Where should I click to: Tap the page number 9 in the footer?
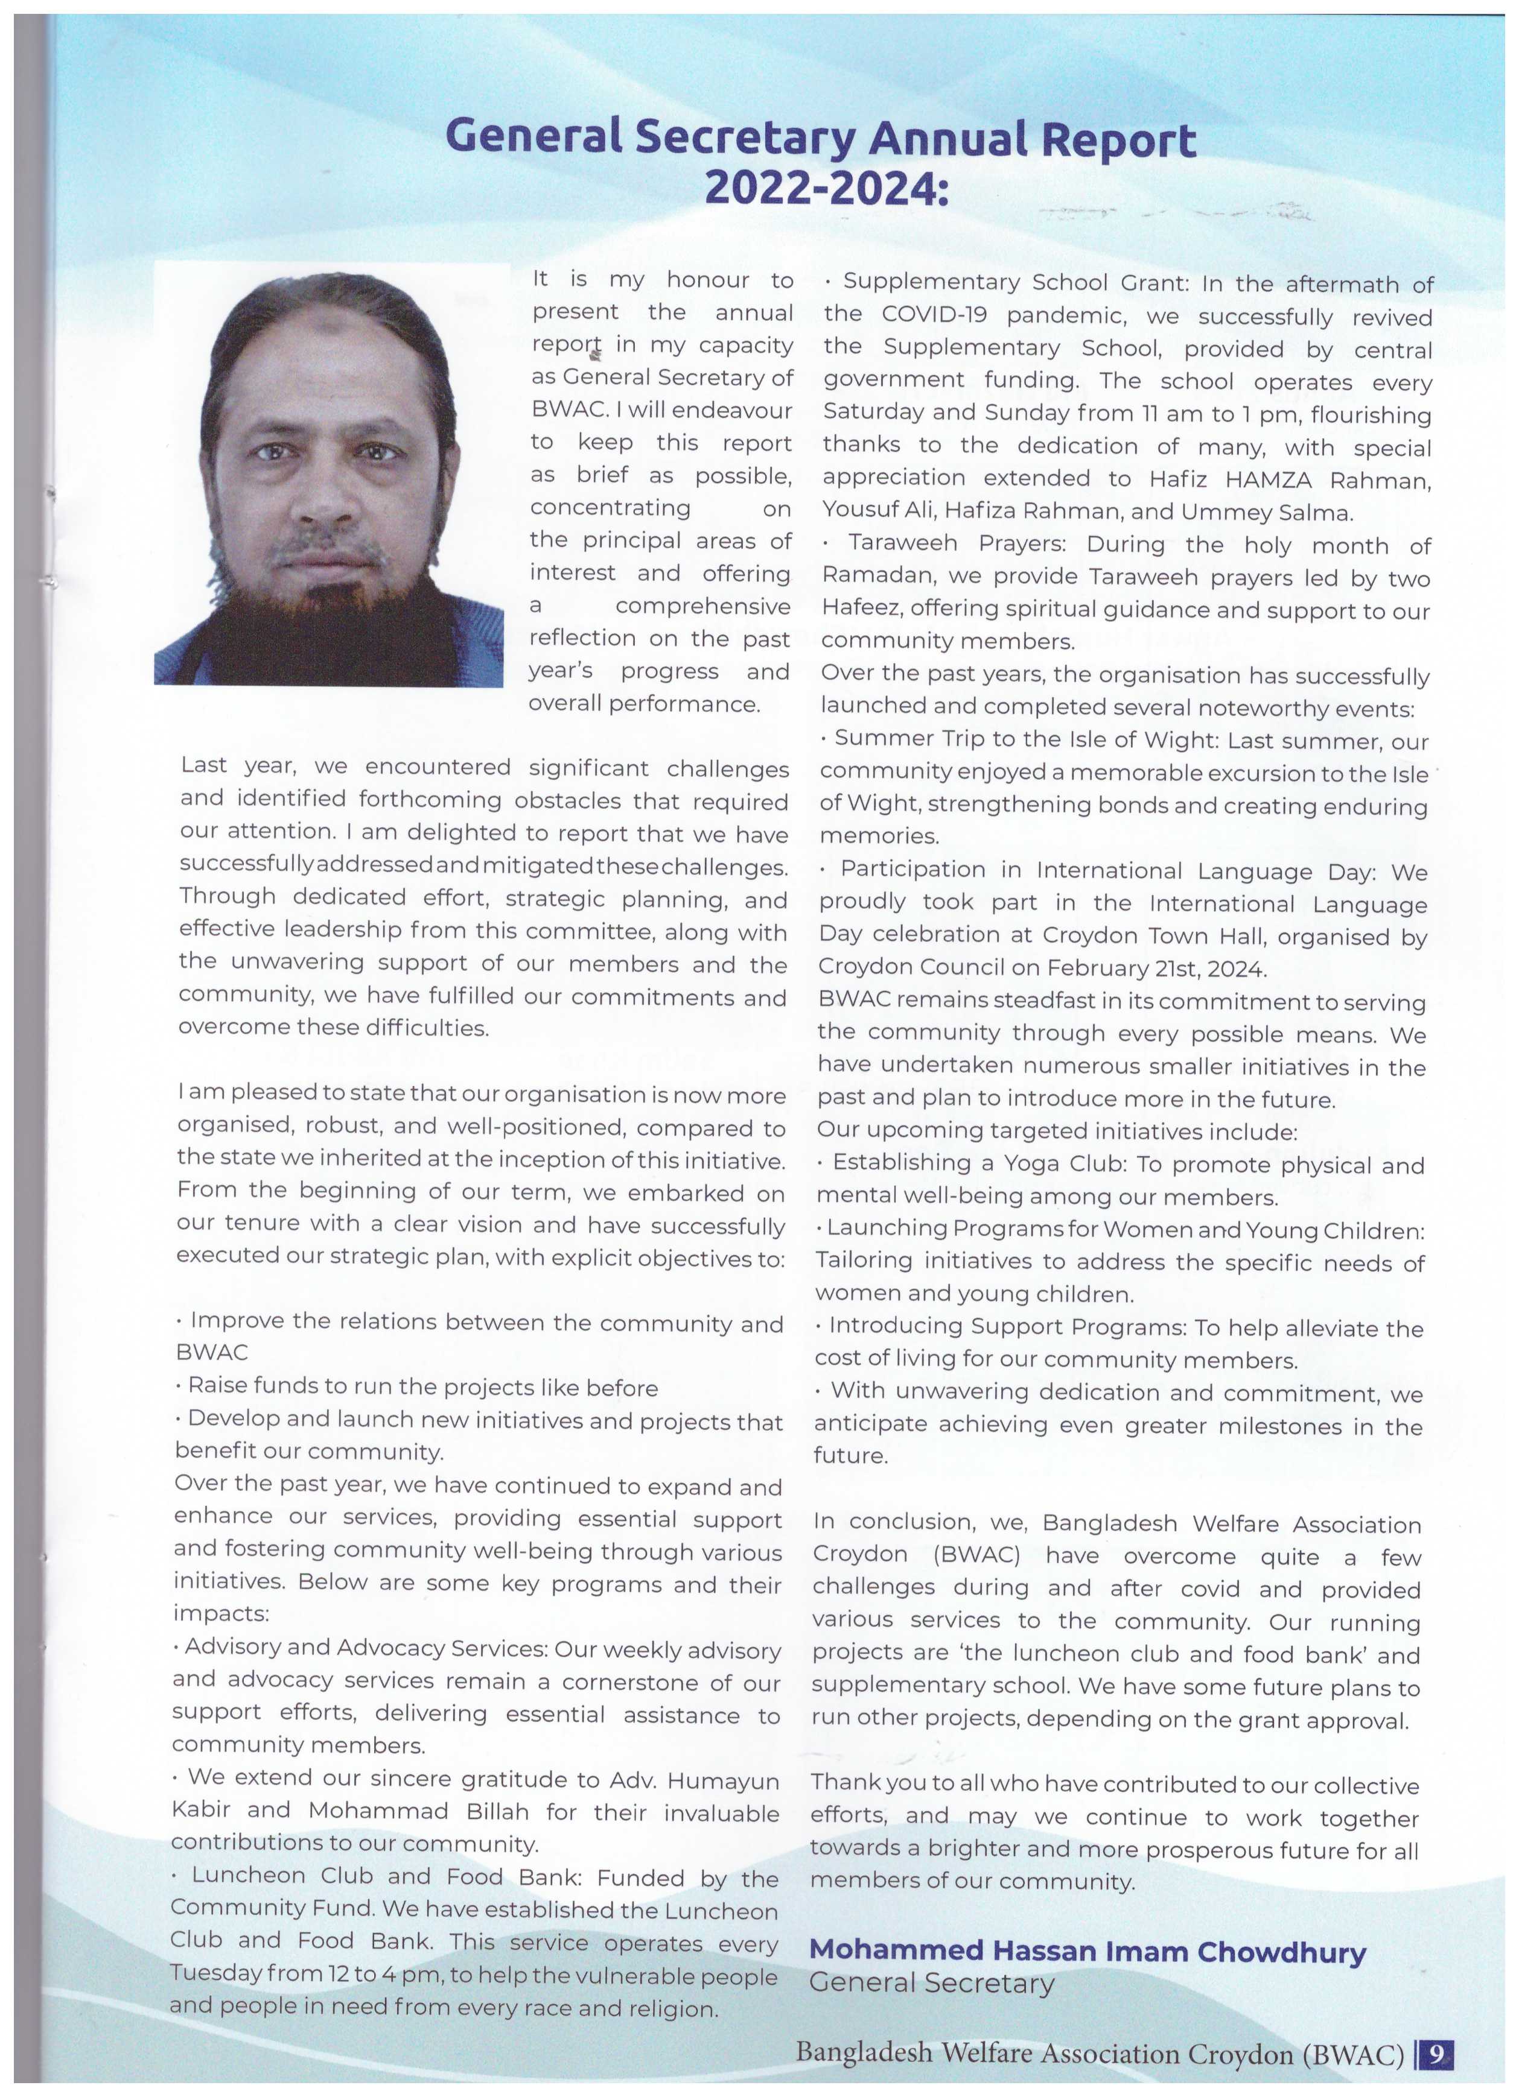point(1436,2054)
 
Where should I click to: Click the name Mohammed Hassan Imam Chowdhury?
point(1087,1952)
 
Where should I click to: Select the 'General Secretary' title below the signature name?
point(932,1984)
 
